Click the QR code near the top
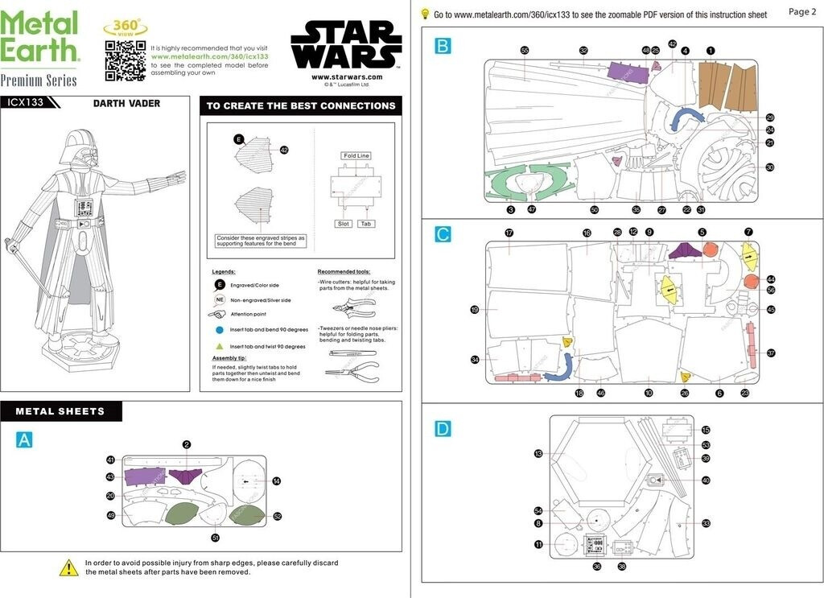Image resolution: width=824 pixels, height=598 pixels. pos(125,60)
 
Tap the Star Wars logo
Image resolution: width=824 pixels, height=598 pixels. pos(346,45)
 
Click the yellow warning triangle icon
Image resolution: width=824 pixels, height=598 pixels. pos(68,567)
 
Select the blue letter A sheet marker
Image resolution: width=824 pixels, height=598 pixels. pos(25,439)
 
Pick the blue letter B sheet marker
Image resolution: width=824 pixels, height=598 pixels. pos(443,46)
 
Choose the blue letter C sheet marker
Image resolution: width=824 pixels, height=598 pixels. pos(443,234)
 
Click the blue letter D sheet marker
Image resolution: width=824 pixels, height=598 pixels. pos(443,429)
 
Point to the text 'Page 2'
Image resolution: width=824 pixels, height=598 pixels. pos(802,12)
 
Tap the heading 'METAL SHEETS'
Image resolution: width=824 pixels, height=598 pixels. pos(60,411)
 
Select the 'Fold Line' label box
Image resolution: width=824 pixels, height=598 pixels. pos(355,156)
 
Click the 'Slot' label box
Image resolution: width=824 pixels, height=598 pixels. pos(344,224)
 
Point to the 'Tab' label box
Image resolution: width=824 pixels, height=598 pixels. pos(366,224)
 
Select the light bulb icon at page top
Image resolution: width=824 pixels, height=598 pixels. pos(425,14)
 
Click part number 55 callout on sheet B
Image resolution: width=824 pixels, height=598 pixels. pos(525,51)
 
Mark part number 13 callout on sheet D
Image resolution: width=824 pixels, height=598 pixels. pos(538,454)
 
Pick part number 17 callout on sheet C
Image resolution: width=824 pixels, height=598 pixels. pos(509,233)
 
